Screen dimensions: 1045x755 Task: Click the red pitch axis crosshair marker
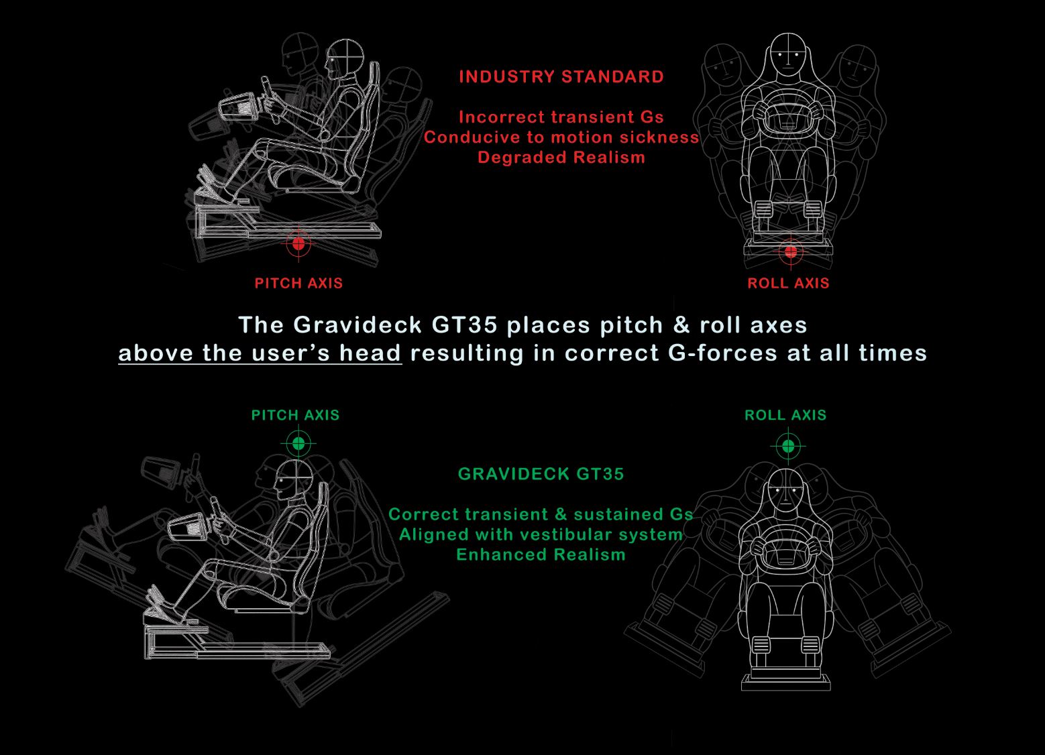298,243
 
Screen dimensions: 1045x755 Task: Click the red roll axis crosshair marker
790,252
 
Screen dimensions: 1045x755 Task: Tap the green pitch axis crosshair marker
298,443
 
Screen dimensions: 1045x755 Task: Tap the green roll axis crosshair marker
788,447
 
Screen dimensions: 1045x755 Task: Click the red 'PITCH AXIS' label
298,283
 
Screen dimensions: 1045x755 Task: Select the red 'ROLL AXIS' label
788,283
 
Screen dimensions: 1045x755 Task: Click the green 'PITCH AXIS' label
295,415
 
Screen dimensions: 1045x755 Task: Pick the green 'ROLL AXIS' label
785,415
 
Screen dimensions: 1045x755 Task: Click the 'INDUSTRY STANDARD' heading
561,77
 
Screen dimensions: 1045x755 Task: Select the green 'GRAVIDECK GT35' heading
541,474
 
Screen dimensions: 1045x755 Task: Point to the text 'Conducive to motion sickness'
561,137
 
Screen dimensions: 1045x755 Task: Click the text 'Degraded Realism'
561,157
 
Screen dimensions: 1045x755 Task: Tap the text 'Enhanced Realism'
541,555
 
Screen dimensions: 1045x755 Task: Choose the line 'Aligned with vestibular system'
541,534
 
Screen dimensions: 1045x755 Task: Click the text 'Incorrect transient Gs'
561,117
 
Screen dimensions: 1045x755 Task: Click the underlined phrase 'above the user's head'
260,353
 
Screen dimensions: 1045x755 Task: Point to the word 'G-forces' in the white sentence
722,353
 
